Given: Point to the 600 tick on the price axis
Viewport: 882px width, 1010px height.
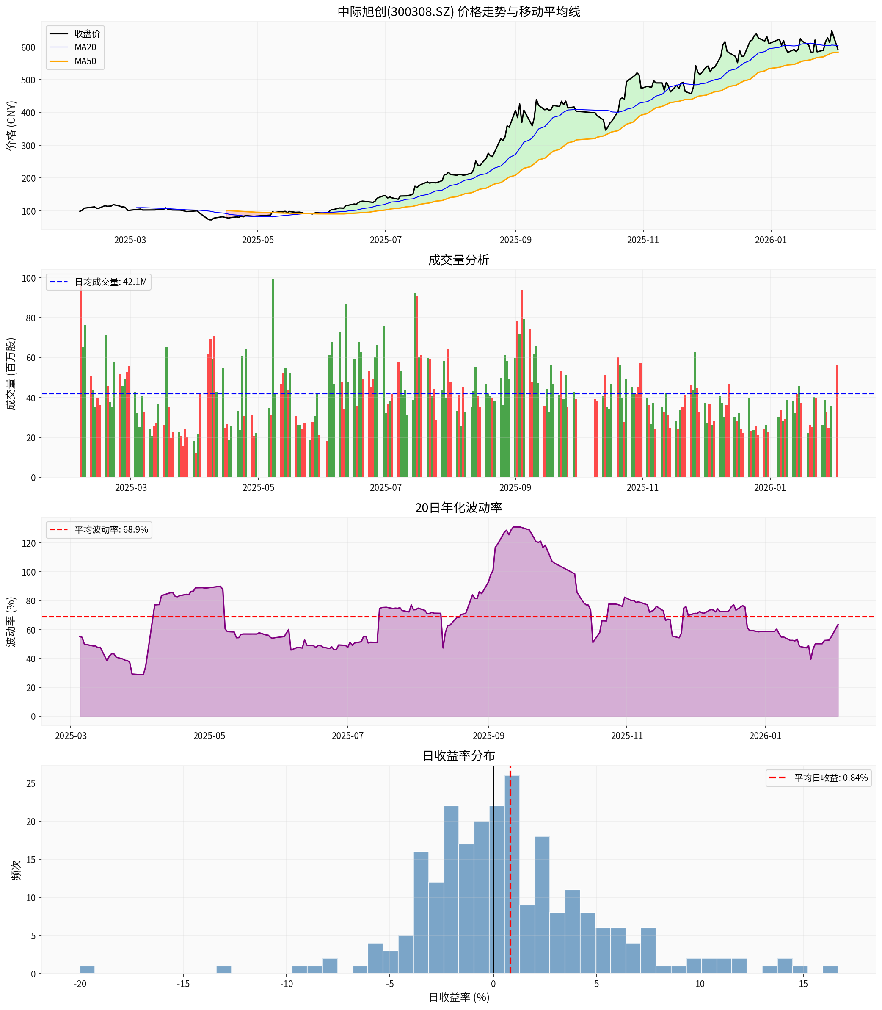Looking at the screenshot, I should [28, 47].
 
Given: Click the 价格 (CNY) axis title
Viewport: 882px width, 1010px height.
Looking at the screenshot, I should [11, 126].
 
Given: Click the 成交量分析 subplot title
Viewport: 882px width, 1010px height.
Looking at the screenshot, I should [458, 260].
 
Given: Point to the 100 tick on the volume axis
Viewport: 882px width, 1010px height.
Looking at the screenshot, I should [28, 278].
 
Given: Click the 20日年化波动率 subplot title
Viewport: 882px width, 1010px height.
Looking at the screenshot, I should [458, 507].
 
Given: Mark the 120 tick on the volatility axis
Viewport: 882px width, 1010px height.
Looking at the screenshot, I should [28, 543].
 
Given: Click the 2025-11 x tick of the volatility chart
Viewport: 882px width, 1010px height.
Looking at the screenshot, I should [626, 736].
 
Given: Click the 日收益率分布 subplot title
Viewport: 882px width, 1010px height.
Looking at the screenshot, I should [458, 755].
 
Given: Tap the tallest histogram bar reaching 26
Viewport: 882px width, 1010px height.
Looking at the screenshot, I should [512, 877].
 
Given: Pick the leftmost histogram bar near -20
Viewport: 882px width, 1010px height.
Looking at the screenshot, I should [87, 970].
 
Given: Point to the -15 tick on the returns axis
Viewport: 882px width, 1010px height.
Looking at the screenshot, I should [183, 984].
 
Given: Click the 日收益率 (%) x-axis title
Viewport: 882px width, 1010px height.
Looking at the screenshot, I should [458, 997].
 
